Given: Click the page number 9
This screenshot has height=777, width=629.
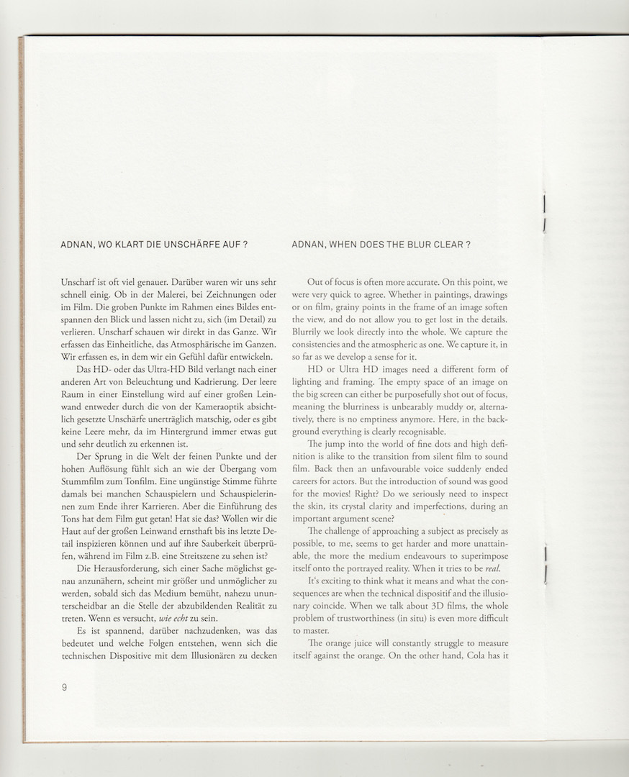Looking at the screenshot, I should pos(64,687).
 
